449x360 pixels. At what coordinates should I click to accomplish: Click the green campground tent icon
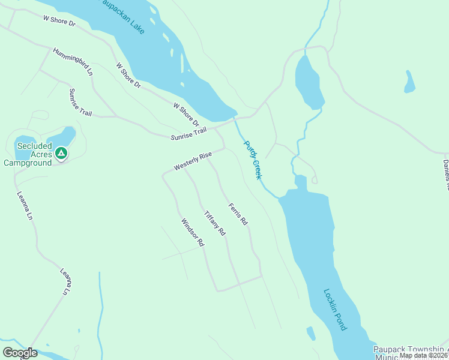[x=61, y=154]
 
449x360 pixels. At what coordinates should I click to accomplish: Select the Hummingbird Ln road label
[x=73, y=61]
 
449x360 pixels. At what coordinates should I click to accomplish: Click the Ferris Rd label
[x=238, y=214]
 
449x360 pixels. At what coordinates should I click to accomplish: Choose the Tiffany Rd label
[x=214, y=223]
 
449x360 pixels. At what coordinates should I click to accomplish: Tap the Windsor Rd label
[x=193, y=233]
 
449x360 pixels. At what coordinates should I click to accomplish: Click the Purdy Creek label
[x=253, y=160]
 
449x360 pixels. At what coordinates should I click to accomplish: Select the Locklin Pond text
[x=335, y=310]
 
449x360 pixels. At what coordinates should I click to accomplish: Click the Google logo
[x=19, y=353]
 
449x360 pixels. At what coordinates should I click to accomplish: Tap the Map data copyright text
[x=424, y=355]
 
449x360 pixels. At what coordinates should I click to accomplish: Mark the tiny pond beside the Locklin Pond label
[x=311, y=333]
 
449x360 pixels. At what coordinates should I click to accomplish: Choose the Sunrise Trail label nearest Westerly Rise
[x=188, y=134]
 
